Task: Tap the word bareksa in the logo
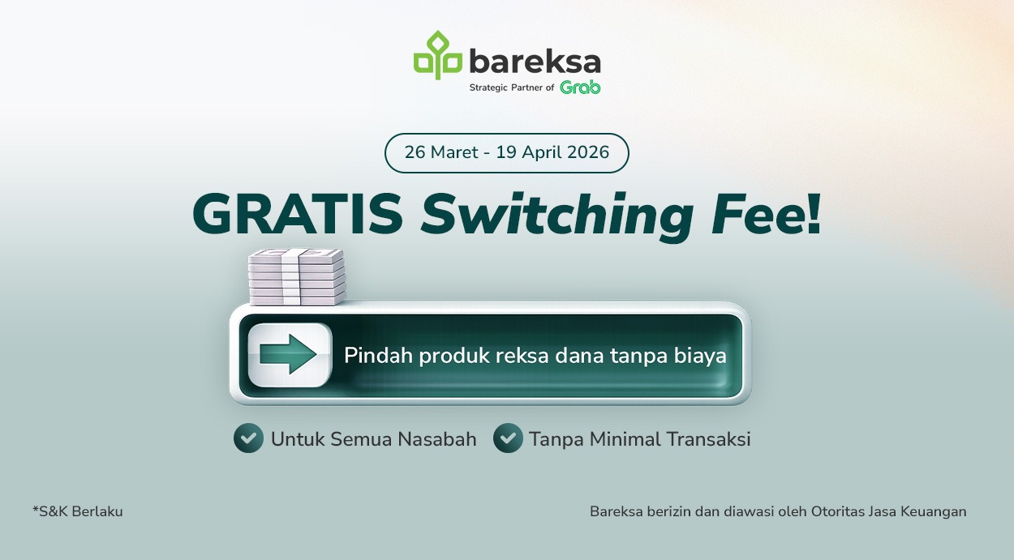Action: (535, 62)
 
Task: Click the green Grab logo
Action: (580, 88)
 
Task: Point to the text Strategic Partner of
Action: (511, 88)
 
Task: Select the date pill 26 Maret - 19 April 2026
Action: (506, 153)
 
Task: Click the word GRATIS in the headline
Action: (299, 216)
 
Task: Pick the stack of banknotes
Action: (297, 277)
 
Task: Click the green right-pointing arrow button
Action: (290, 355)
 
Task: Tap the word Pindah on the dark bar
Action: (378, 356)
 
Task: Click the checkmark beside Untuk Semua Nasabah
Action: (248, 438)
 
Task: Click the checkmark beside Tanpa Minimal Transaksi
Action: (508, 438)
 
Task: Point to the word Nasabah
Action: (436, 439)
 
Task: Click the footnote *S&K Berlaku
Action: (78, 511)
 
